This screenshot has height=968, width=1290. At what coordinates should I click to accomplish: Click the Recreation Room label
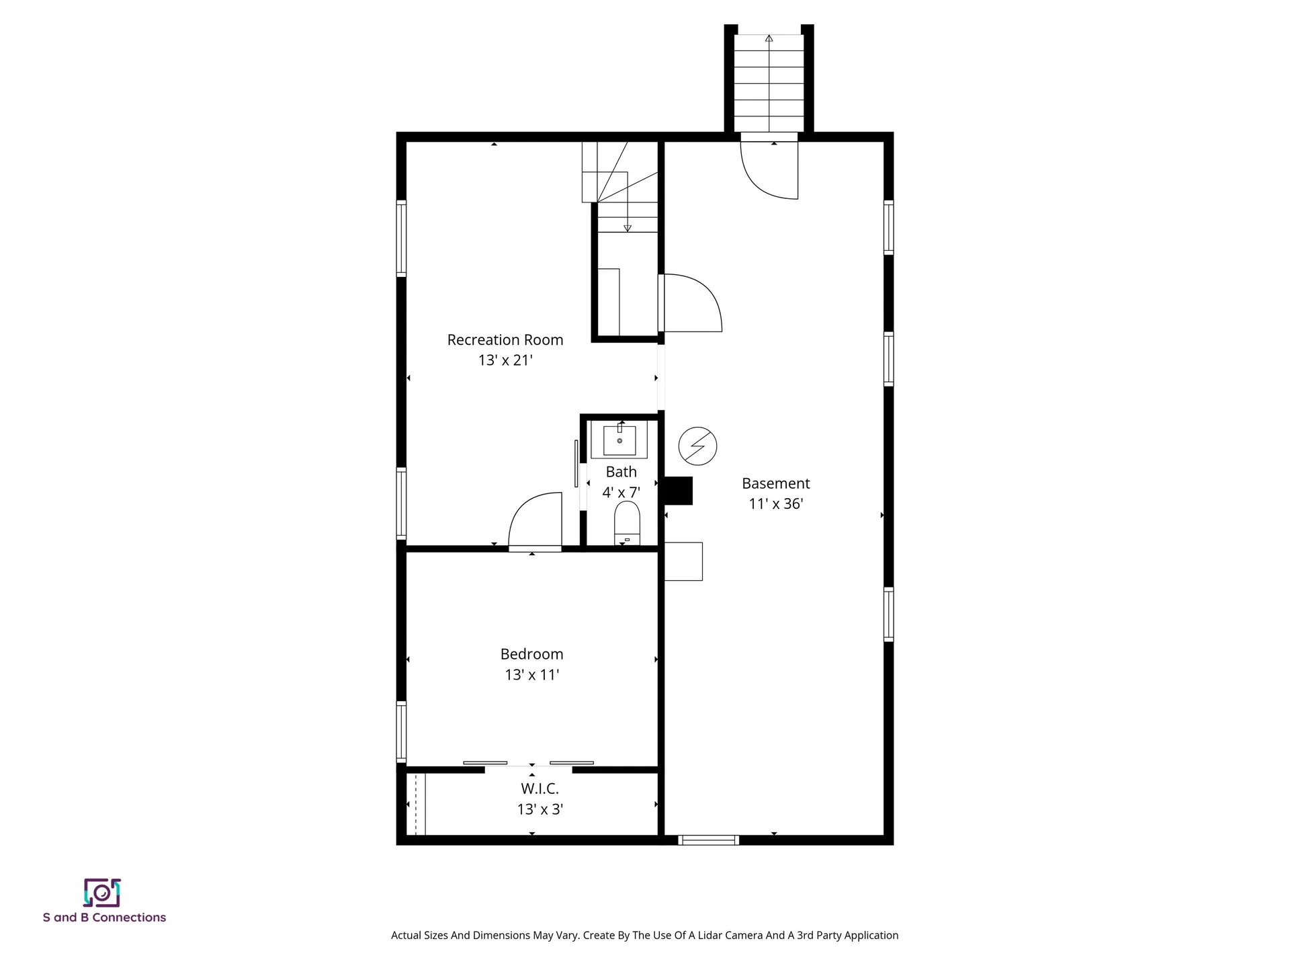coord(505,340)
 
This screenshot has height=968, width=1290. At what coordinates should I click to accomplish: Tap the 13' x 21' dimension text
coord(505,360)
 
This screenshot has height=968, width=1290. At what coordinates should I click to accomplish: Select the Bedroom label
coord(531,654)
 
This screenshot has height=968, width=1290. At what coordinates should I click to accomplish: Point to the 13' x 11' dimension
coord(531,675)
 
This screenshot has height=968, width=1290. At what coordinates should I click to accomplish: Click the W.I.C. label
coord(540,789)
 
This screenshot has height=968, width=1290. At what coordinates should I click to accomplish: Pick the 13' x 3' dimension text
coord(540,809)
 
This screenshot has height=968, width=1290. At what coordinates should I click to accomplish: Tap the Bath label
coord(621,472)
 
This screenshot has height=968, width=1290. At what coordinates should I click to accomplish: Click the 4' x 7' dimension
coord(621,493)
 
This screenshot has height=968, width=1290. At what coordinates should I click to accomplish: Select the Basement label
coord(775,483)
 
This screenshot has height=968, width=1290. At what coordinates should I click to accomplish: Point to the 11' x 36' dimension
coord(776,504)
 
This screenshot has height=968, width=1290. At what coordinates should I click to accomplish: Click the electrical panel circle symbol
coord(697,446)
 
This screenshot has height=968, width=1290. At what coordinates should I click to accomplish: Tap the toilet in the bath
coord(627,522)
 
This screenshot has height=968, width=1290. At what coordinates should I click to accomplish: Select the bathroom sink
coord(619,440)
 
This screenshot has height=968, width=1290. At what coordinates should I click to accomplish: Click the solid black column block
coord(678,490)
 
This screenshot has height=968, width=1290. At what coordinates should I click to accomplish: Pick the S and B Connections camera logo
coord(102,893)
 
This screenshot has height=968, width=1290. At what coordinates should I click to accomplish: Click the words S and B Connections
coord(104,918)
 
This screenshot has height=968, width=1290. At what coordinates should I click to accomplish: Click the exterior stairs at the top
coord(769,83)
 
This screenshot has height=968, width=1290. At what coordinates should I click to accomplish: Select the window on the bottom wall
coord(708,840)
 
